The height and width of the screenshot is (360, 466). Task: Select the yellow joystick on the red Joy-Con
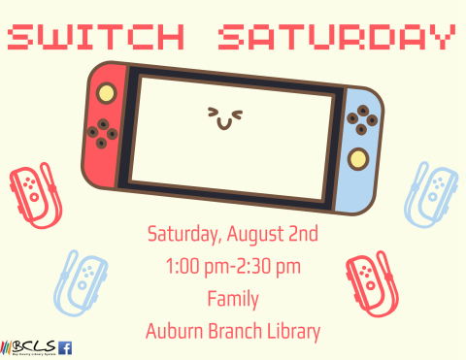(106, 93)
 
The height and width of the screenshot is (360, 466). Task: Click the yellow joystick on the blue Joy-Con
(360, 158)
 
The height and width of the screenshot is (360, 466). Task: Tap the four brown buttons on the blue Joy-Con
(364, 121)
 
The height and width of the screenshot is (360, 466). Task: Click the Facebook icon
(66, 347)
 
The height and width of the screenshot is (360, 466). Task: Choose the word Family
(232, 298)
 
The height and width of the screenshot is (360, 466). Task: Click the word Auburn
(173, 330)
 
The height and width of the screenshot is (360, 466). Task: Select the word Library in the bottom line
(292, 330)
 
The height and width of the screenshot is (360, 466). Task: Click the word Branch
(234, 330)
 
